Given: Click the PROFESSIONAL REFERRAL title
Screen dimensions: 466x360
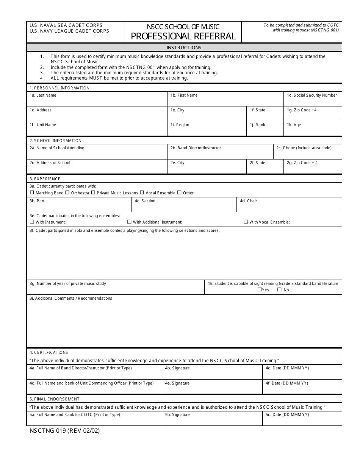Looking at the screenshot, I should click(183, 36).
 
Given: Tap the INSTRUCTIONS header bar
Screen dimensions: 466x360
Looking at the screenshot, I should click(184, 48).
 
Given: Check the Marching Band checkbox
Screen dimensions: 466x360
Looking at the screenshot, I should click(32, 193).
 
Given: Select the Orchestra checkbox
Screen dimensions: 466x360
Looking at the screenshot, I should click(67, 193).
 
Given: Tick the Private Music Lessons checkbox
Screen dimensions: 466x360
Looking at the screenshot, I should click(93, 193).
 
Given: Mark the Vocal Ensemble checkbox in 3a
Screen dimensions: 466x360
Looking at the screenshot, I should click(142, 193).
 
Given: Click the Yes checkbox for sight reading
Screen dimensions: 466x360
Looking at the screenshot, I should click(260, 289).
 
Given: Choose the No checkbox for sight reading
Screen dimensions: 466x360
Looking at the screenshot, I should click(279, 289).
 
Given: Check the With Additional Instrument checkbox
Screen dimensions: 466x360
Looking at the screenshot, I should click(129, 222).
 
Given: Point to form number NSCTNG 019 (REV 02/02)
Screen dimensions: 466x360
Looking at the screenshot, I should click(64, 431).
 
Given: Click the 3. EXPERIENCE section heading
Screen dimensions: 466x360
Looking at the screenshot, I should click(45, 179).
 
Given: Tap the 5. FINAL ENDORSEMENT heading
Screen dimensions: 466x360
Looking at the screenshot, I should click(55, 399).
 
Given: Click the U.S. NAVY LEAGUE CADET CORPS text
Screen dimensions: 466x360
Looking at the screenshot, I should click(69, 31).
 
